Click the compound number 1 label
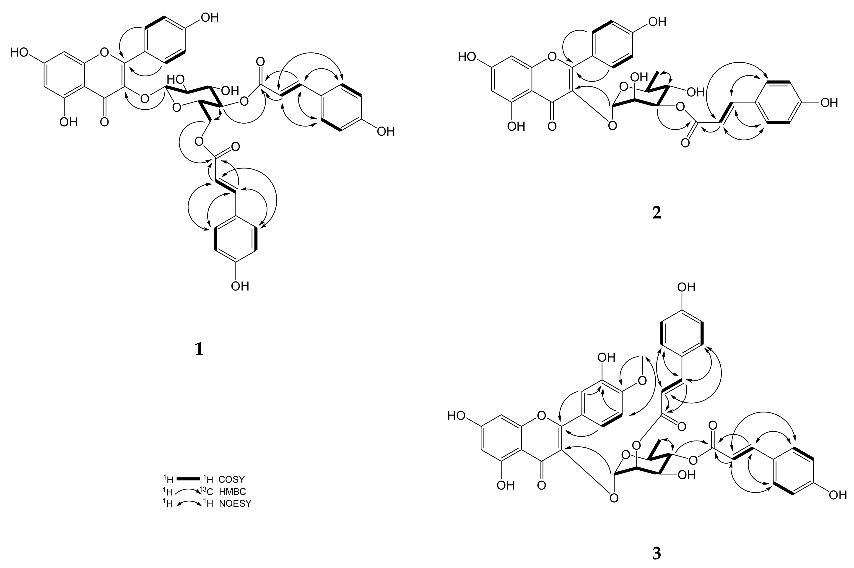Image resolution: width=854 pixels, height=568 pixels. pyautogui.click(x=199, y=349)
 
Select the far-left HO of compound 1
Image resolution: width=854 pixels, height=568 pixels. pyautogui.click(x=19, y=52)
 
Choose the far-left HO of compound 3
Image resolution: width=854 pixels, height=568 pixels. pyautogui.click(x=456, y=415)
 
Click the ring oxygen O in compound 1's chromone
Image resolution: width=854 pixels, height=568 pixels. pyautogui.click(x=104, y=53)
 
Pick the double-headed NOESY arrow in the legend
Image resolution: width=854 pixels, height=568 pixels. pyautogui.click(x=188, y=503)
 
